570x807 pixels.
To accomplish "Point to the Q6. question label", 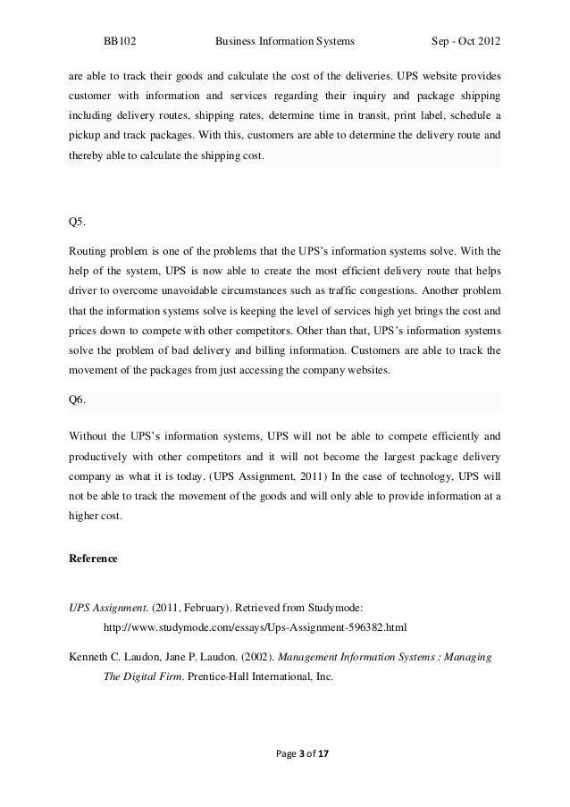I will pos(78,399).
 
